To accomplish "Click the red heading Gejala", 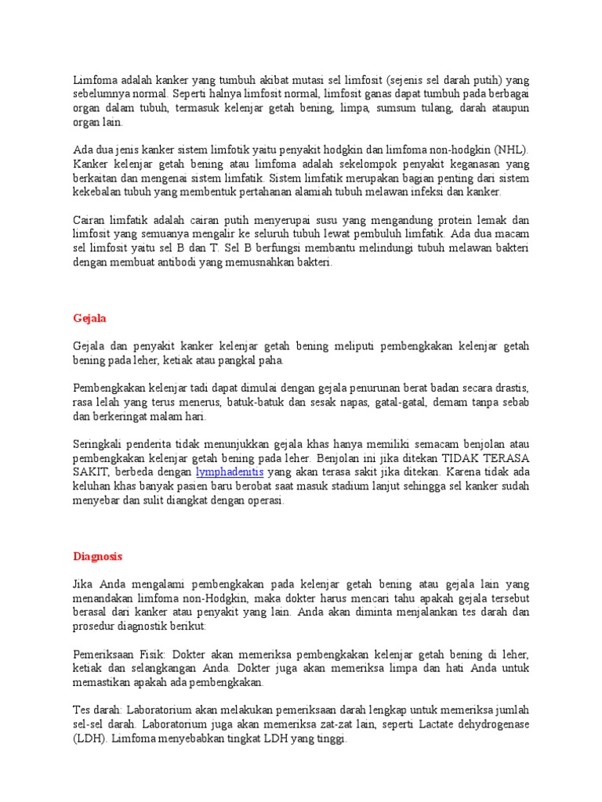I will click(x=89, y=319).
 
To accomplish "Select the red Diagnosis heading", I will click(x=97, y=557).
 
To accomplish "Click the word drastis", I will click(x=510, y=388).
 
